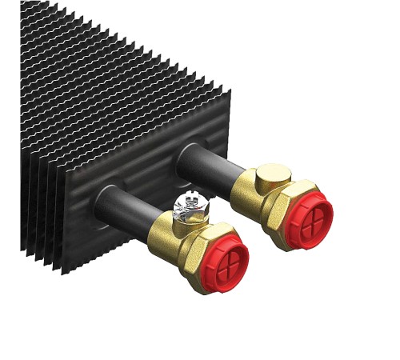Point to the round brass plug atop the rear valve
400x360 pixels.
coord(274,174)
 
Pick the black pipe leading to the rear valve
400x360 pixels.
coord(213,165)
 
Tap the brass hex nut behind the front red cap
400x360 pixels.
coord(197,252)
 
